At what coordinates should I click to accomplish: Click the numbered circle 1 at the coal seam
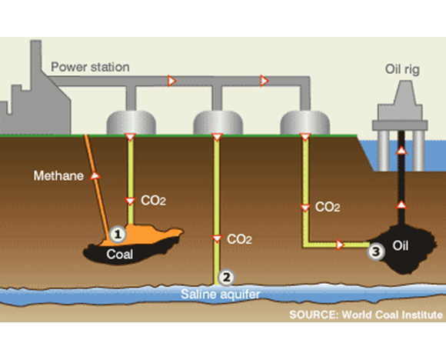click(118, 235)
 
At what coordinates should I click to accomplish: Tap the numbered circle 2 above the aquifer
click(226, 277)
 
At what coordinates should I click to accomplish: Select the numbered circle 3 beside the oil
click(376, 252)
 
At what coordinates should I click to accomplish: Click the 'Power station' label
click(90, 67)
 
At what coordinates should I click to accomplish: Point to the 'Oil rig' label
click(402, 69)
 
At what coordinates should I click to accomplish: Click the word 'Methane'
click(58, 175)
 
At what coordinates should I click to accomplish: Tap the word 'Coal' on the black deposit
click(119, 254)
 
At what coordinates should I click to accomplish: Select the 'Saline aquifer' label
click(221, 294)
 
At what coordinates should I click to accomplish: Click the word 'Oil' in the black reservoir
click(401, 245)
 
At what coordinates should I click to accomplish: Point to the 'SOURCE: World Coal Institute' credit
click(366, 315)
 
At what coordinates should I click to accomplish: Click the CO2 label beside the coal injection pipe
click(153, 201)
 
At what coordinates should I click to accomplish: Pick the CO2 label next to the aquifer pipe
click(239, 239)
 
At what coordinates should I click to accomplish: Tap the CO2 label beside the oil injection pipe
click(328, 207)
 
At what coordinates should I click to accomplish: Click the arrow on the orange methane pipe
click(95, 176)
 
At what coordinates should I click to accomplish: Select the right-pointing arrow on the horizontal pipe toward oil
click(340, 245)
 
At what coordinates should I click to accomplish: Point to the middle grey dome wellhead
click(218, 122)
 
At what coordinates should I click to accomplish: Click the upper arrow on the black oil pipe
click(401, 150)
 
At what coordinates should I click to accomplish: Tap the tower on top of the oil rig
click(404, 92)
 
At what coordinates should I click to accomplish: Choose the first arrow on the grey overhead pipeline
click(171, 81)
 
